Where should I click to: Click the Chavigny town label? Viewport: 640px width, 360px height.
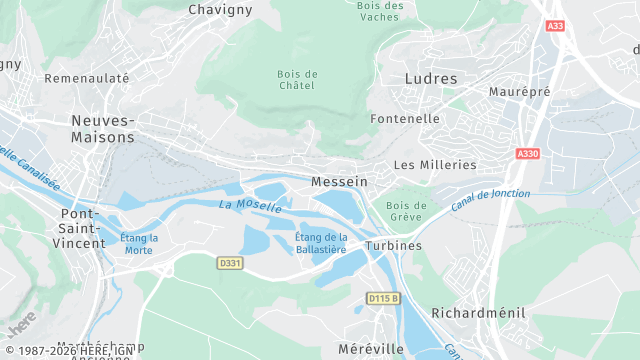click(x=221, y=9)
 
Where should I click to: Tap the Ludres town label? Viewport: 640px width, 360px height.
click(x=431, y=78)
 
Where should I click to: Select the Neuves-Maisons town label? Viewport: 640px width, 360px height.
click(x=103, y=129)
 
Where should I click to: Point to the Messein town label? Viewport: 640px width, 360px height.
click(x=340, y=182)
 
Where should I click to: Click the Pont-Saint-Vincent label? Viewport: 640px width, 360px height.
click(x=83, y=228)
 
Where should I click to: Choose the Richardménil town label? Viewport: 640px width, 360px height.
click(x=478, y=313)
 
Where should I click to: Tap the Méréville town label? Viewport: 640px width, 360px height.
click(x=371, y=349)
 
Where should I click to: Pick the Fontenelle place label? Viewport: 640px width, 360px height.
click(x=405, y=118)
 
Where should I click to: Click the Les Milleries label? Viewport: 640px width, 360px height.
click(x=435, y=165)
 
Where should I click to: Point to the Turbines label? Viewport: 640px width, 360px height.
click(x=394, y=246)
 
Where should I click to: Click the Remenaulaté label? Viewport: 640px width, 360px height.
click(x=87, y=78)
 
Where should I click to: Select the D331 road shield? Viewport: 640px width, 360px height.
click(x=230, y=263)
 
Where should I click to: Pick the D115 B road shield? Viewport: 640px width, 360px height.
click(x=383, y=298)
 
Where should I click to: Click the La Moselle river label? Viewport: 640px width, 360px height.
click(x=250, y=205)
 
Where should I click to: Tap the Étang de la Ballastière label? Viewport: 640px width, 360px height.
click(x=322, y=243)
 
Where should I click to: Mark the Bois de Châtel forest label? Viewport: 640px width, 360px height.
click(x=297, y=80)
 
